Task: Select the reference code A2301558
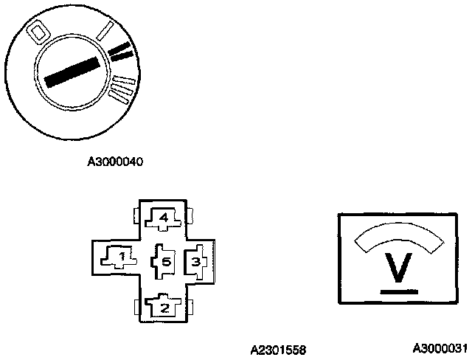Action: point(278,348)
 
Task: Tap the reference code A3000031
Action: point(440,347)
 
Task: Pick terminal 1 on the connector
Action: point(117,256)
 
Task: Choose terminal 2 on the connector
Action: point(164,305)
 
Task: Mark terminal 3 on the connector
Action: point(195,260)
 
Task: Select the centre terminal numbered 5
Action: point(164,260)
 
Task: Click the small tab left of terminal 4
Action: point(136,216)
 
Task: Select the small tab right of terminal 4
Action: point(190,216)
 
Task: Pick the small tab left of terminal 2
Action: point(136,306)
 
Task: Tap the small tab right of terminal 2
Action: point(190,306)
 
